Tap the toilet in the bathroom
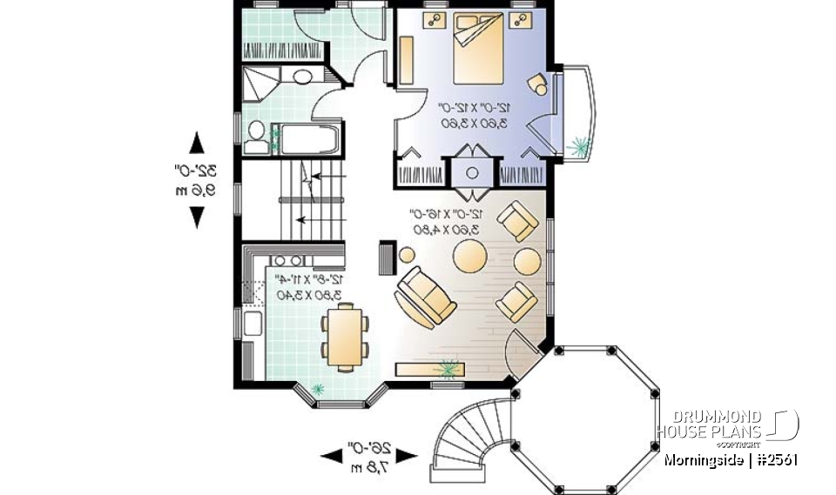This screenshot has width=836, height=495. pos(256,132)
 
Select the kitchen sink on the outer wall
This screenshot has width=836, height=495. pos(253,324)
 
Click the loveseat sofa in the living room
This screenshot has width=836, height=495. pos(426,296)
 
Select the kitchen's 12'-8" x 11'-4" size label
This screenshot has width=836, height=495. pos(310,287)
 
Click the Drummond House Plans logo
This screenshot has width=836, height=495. pos(726,425)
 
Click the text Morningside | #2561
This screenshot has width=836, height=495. pos(730,458)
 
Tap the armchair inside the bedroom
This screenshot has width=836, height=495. pos(538,84)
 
